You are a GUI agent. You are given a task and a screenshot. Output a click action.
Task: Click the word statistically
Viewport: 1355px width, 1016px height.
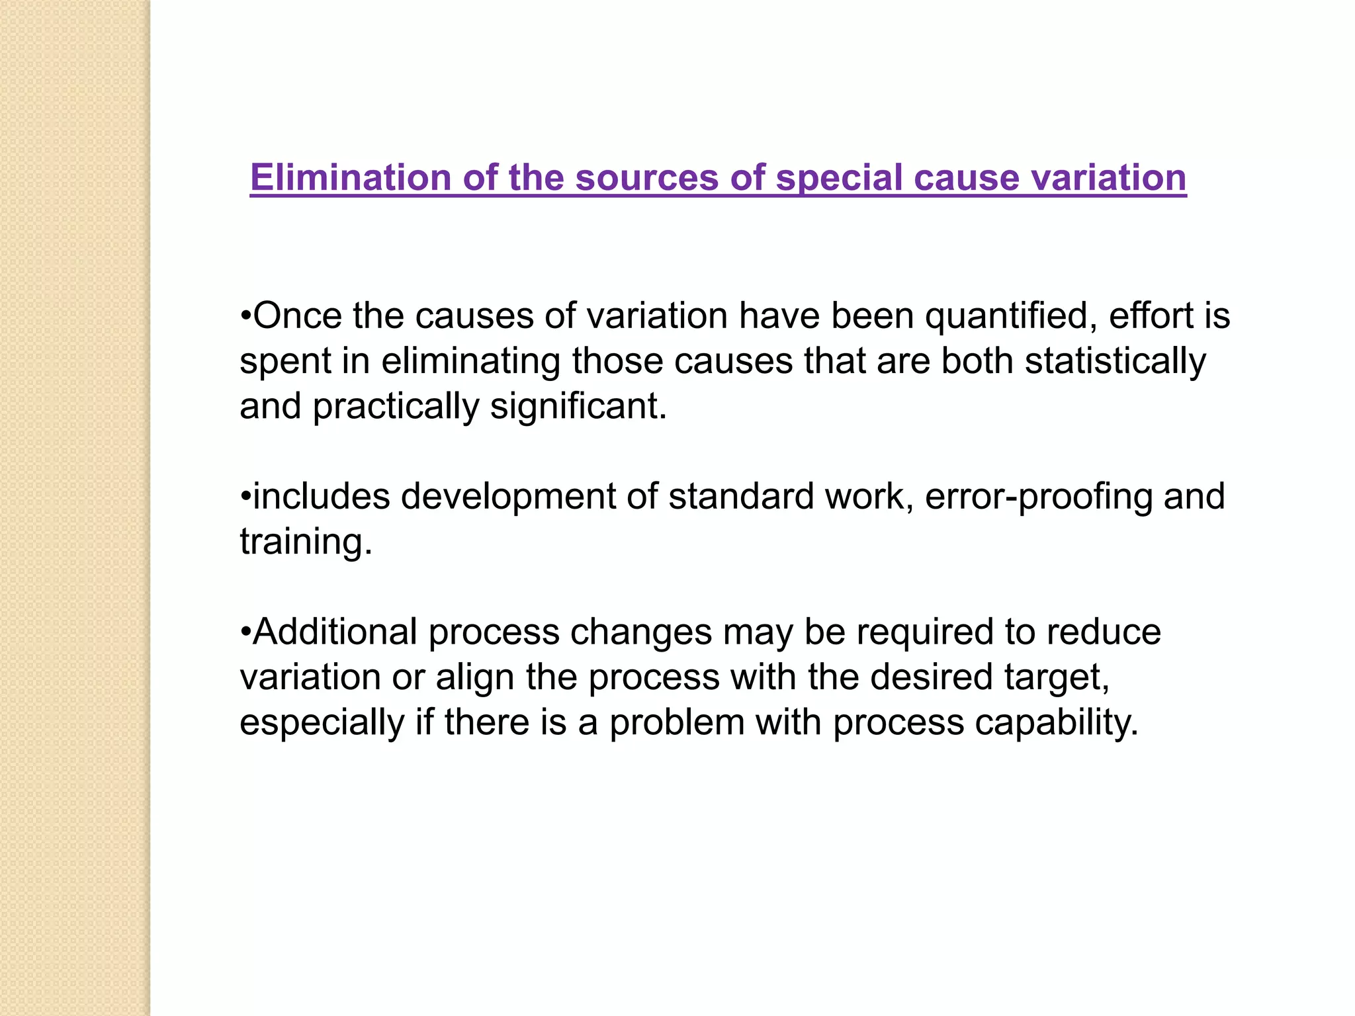[1115, 362]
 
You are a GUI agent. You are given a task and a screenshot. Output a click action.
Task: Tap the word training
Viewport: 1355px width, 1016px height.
[306, 543]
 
